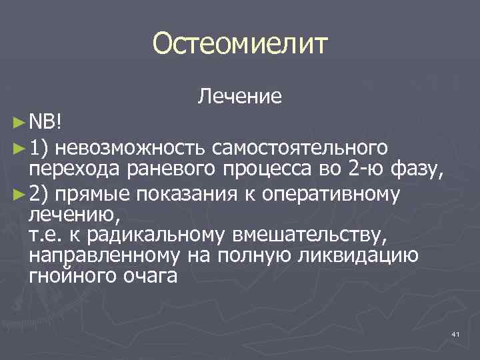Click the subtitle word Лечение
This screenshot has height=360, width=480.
239,97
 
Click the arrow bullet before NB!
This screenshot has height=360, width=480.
19,123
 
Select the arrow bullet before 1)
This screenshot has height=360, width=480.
19,146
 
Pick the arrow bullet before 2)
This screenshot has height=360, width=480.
19,193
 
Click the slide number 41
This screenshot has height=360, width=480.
456,333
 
